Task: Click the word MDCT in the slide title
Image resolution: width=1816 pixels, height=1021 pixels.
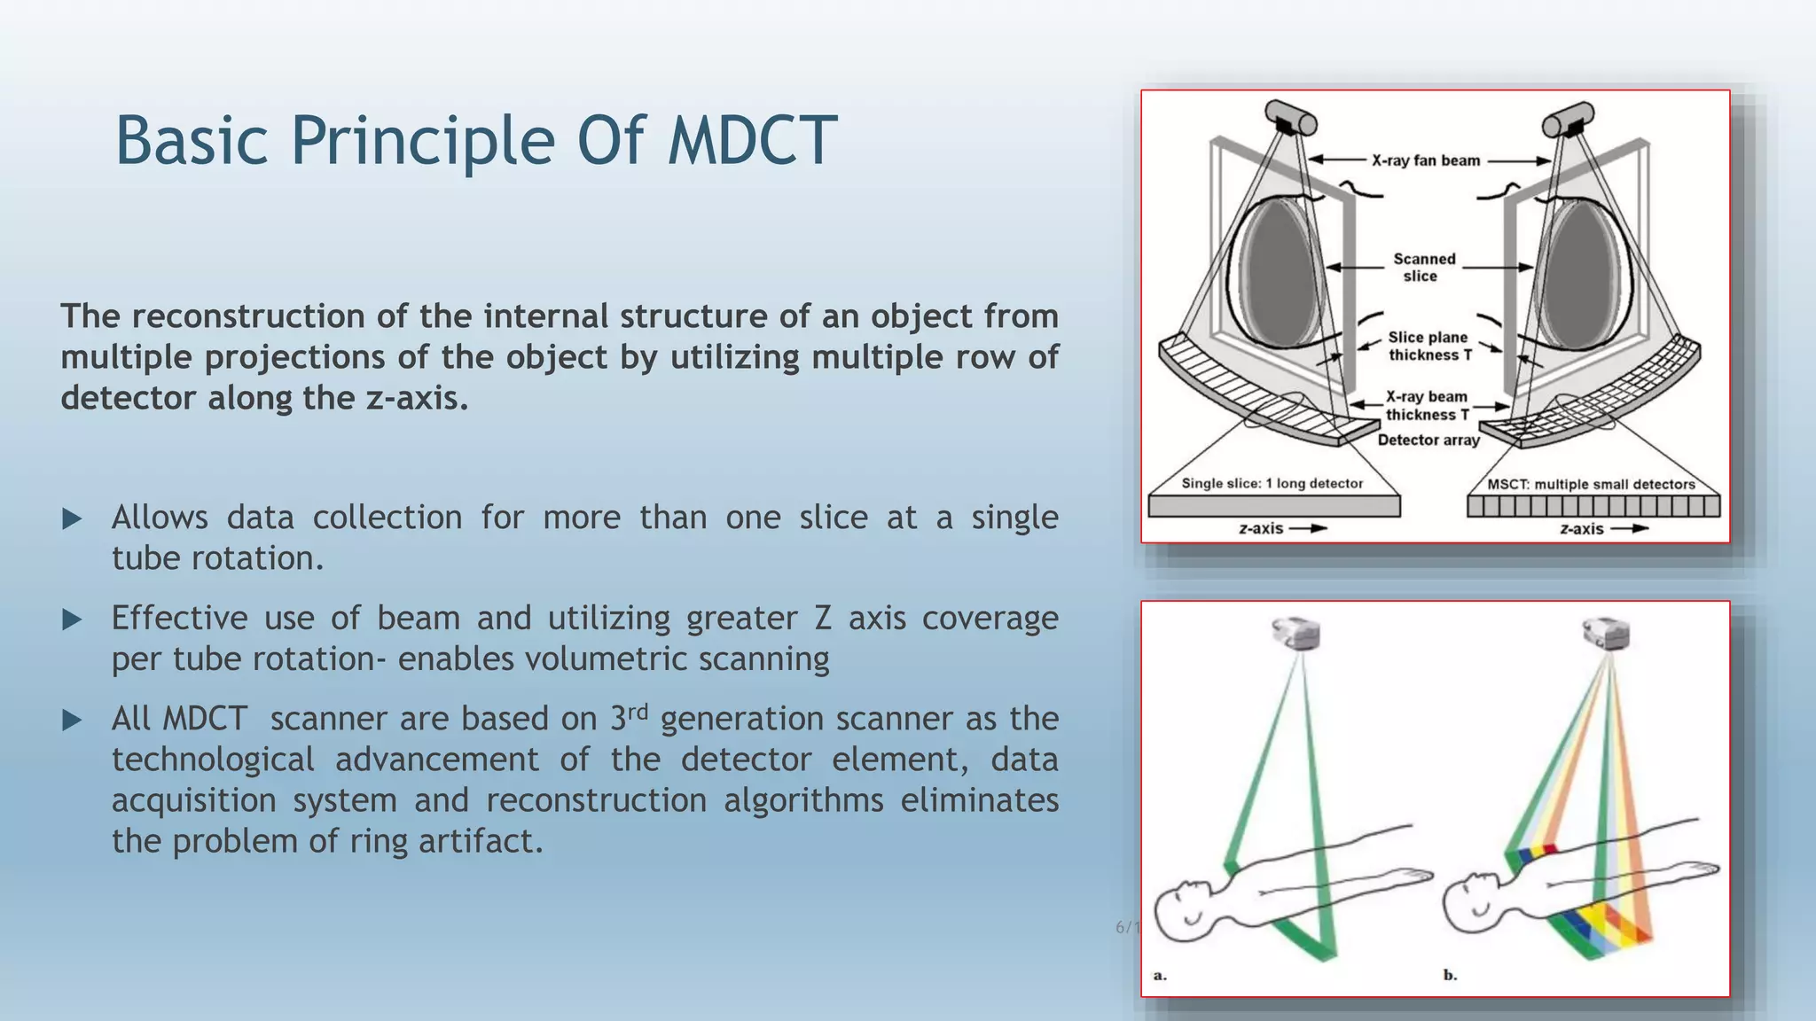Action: [x=752, y=140]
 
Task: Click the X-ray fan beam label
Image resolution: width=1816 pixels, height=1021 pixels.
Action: [x=1425, y=160]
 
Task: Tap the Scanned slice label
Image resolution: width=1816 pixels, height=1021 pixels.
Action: [x=1423, y=267]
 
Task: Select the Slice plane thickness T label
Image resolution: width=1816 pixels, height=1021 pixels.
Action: [x=1428, y=346]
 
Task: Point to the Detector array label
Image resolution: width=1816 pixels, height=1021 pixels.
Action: [x=1428, y=440]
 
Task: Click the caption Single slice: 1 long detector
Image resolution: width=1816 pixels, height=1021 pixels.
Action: [x=1272, y=483]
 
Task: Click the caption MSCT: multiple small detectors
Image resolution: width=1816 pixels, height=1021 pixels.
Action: [x=1591, y=484]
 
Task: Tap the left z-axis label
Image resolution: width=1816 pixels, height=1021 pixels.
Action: [x=1261, y=528]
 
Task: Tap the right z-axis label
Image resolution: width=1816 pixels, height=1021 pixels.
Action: [x=1582, y=528]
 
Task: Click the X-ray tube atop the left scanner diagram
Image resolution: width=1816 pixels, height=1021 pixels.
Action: [x=1290, y=118]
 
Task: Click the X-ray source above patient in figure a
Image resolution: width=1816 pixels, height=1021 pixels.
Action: [x=1295, y=634]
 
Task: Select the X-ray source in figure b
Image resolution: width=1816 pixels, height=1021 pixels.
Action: [x=1606, y=634]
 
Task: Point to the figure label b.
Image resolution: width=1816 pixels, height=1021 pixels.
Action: [x=1450, y=975]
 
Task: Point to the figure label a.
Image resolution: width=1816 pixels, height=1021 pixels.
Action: [x=1160, y=975]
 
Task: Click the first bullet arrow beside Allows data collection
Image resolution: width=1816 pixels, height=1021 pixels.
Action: [x=72, y=518]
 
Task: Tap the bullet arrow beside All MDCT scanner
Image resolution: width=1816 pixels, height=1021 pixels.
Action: [x=72, y=720]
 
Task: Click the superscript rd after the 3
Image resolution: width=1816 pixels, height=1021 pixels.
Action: [x=638, y=711]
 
